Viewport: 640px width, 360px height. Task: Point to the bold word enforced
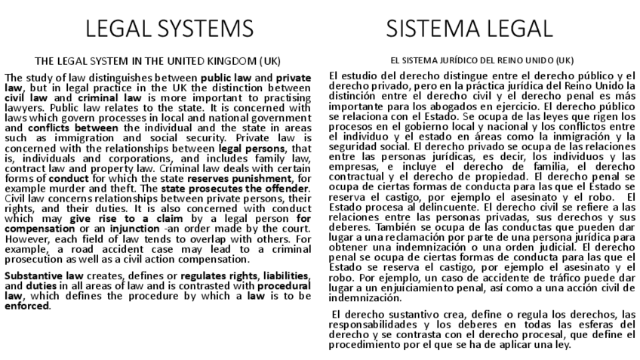(26, 306)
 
